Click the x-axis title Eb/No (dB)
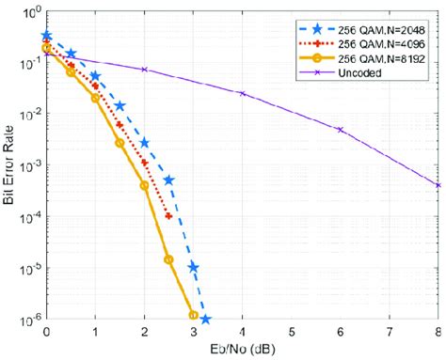pyautogui.click(x=242, y=350)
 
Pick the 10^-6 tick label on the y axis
pyautogui.click(x=26, y=320)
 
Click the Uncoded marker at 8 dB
pyautogui.click(x=438, y=185)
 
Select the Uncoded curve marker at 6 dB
pyautogui.click(x=341, y=130)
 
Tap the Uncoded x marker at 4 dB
pyautogui.click(x=243, y=94)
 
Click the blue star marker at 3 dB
pyautogui.click(x=193, y=267)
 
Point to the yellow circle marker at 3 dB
pyautogui.click(x=193, y=316)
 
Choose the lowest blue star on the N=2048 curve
pyautogui.click(x=204, y=320)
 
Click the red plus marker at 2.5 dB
pyautogui.click(x=168, y=216)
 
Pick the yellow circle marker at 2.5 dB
pyautogui.click(x=168, y=259)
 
